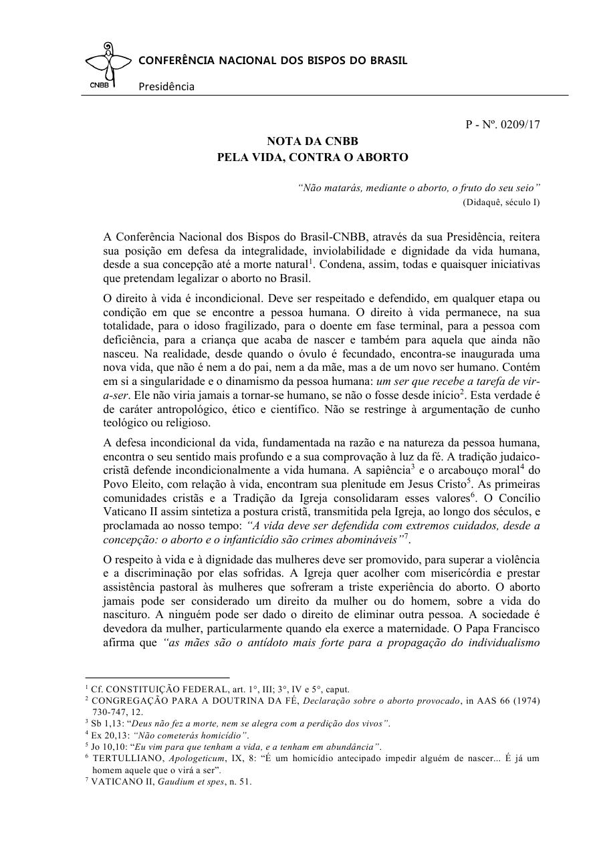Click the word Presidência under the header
tap(166, 86)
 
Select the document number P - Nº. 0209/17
tap(503, 125)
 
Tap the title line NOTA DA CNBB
tap(312, 142)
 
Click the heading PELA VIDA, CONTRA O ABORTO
tap(312, 158)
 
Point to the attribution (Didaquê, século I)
tap(501, 201)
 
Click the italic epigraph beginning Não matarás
tap(419, 188)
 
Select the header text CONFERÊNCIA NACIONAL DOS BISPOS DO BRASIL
tap(273, 61)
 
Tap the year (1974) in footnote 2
tap(527, 700)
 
